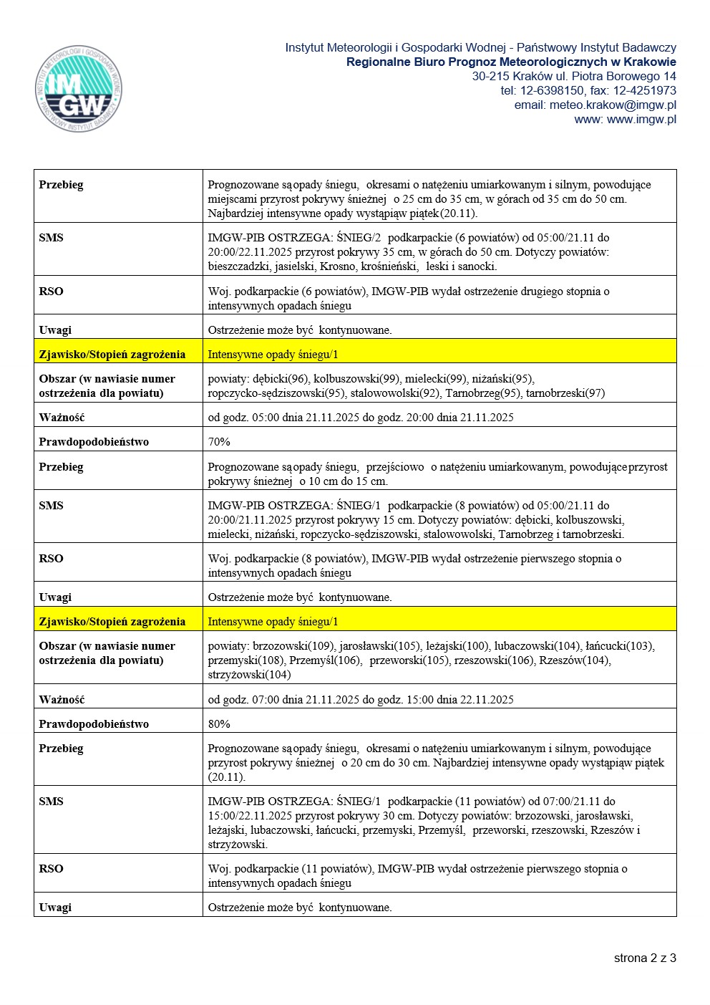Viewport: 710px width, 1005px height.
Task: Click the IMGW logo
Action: tap(78, 89)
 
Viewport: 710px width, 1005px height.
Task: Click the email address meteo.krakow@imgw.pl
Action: tap(613, 105)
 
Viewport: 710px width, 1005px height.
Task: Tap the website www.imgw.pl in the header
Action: tap(641, 119)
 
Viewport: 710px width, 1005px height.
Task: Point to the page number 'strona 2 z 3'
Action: tap(644, 958)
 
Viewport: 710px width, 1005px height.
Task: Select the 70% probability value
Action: tap(219, 441)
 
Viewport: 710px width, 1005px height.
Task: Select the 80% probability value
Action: tap(219, 723)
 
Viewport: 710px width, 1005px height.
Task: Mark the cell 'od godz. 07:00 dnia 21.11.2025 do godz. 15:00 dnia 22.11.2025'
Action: tap(361, 699)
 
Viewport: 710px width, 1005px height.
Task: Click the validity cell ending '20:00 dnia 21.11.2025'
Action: tap(361, 417)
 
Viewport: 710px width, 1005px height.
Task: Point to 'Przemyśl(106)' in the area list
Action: tap(325, 660)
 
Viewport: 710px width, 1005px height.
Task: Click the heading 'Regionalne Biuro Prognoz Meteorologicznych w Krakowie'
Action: tap(511, 62)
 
